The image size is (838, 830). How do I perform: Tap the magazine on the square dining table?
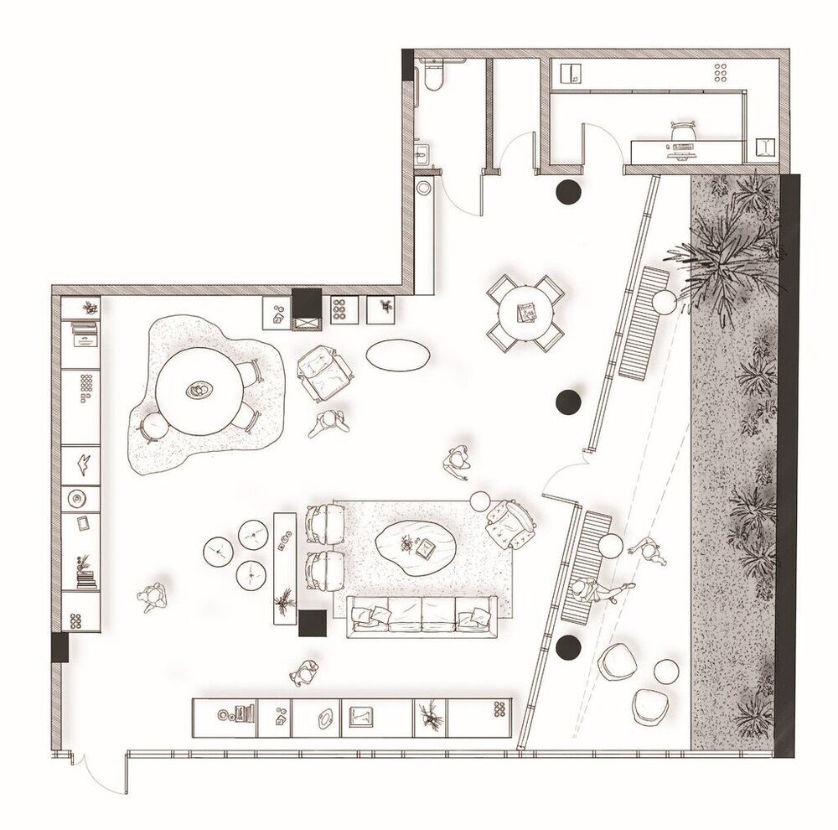tap(527, 313)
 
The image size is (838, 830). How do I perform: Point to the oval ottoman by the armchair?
tap(398, 355)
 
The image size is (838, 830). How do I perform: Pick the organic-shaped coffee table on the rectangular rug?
tap(416, 545)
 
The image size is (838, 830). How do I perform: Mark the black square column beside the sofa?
tap(313, 624)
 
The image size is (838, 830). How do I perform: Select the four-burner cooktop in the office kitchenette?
tap(720, 73)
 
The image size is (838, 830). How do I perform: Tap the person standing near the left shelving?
tap(153, 597)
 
